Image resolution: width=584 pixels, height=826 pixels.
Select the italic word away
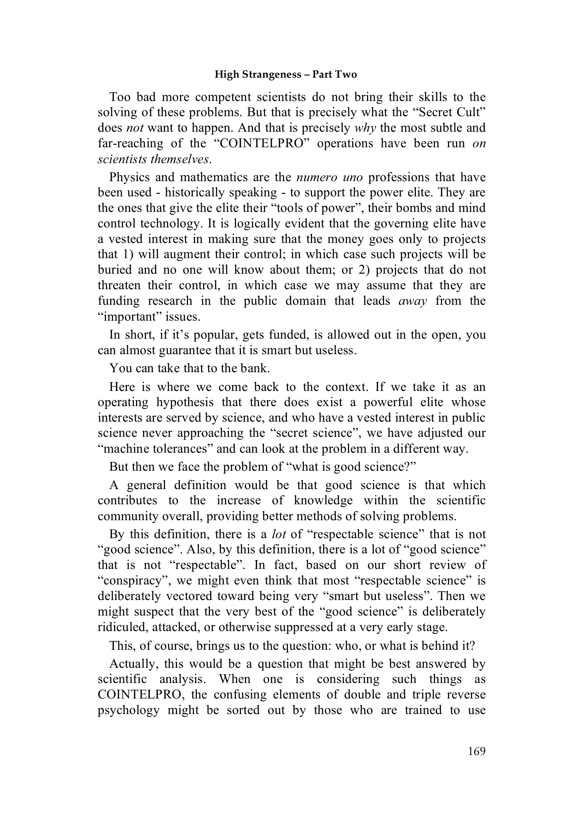click(x=412, y=301)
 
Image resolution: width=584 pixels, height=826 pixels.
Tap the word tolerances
click(x=182, y=449)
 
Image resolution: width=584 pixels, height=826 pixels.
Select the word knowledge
click(x=323, y=500)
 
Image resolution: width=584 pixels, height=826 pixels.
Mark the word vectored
click(x=188, y=596)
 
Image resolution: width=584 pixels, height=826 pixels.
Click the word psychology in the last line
click(x=129, y=710)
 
